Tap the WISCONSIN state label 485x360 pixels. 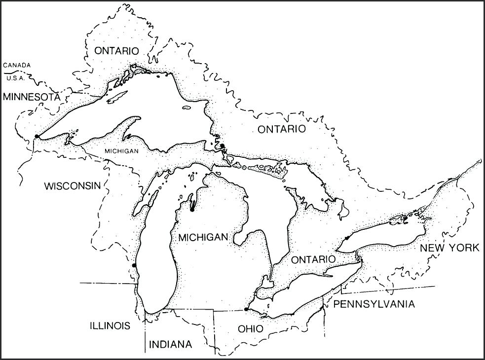pyautogui.click(x=72, y=186)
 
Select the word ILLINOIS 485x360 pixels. pyautogui.click(x=110, y=325)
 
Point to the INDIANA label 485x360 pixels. pyautogui.click(x=170, y=344)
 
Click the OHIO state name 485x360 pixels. pyautogui.click(x=250, y=328)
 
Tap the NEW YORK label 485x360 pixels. pyautogui.click(x=449, y=248)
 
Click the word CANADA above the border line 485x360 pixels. pyautogui.click(x=17, y=65)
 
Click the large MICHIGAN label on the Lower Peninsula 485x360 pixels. pyautogui.click(x=203, y=237)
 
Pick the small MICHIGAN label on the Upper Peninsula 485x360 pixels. pyautogui.click(x=121, y=151)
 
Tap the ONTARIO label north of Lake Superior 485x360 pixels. pyautogui.click(x=116, y=51)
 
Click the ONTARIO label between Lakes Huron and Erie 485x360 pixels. pyautogui.click(x=313, y=259)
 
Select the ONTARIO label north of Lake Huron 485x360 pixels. pyautogui.click(x=282, y=129)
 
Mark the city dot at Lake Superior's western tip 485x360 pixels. pyautogui.click(x=37, y=137)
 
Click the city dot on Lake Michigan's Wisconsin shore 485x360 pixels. pyautogui.click(x=134, y=266)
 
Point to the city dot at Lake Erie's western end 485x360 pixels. pyautogui.click(x=246, y=309)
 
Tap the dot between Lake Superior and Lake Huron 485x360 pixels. pyautogui.click(x=223, y=146)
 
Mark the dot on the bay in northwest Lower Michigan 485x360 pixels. pyautogui.click(x=192, y=209)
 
